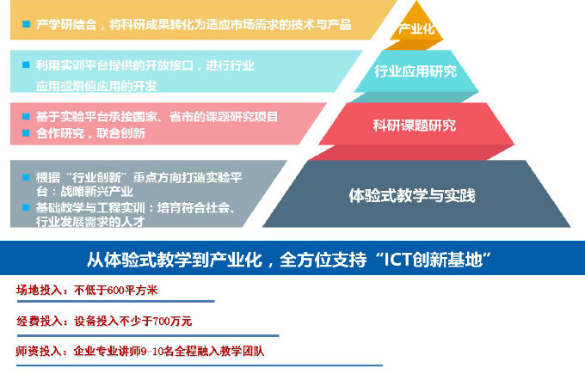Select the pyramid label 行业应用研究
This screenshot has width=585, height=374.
coord(416,71)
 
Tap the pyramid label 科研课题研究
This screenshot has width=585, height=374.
coord(415,126)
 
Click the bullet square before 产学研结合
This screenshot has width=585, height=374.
coord(27,24)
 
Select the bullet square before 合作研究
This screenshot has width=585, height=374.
coord(27,133)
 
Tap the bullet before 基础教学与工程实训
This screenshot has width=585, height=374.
coord(27,208)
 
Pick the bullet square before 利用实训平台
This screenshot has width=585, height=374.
coord(27,65)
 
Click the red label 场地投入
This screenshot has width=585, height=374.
coord(40,290)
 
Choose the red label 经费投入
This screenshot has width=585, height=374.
coord(40,321)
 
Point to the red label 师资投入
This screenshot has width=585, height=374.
coord(40,351)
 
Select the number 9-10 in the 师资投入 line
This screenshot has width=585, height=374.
coord(163,351)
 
